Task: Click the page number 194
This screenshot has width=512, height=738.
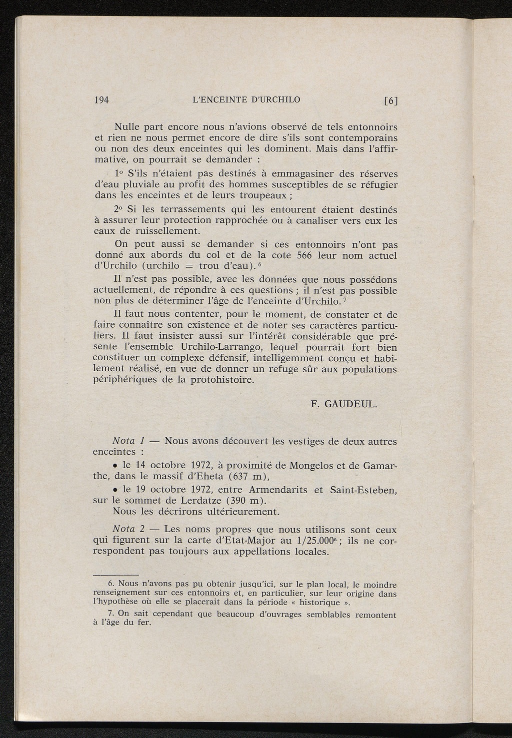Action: (x=101, y=99)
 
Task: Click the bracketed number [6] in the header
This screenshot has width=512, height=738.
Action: (x=390, y=100)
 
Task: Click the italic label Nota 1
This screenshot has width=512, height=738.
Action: (x=128, y=441)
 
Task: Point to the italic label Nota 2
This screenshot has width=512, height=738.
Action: (x=128, y=529)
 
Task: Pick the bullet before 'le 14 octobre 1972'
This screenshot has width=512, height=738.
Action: (x=115, y=466)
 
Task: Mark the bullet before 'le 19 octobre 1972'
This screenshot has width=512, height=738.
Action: (x=115, y=490)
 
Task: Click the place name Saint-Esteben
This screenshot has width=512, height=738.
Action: (x=363, y=490)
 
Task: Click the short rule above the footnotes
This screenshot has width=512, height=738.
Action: (x=116, y=575)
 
